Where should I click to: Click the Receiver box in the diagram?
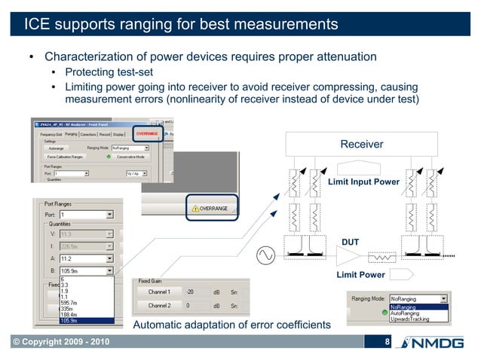[x=362, y=144]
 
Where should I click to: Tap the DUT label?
[x=351, y=242]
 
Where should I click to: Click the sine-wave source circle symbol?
[x=266, y=256]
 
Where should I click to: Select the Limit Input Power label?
[x=363, y=182]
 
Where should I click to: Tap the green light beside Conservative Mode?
[x=110, y=157]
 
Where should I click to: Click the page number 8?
[x=387, y=343]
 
